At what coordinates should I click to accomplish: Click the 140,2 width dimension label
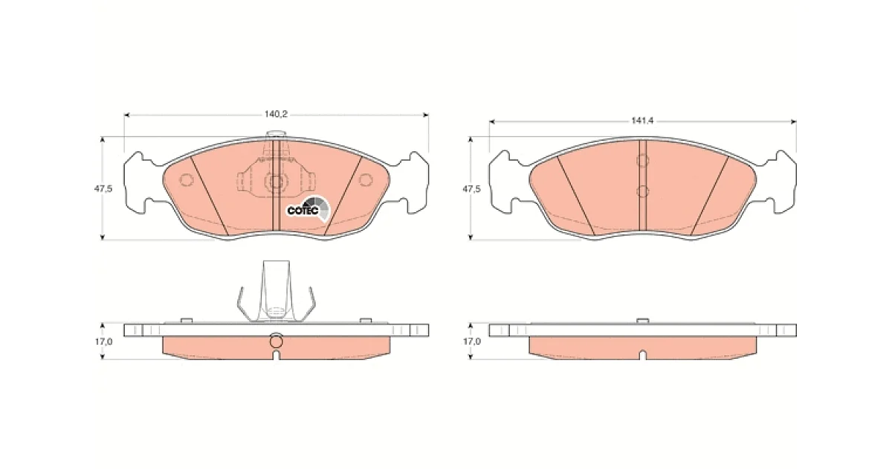pyautogui.click(x=276, y=115)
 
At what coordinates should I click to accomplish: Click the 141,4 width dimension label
pyautogui.click(x=642, y=121)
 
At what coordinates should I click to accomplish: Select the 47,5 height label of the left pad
pyautogui.click(x=103, y=188)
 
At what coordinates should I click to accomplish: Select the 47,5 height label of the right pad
pyautogui.click(x=471, y=188)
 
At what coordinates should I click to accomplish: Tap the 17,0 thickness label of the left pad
pyautogui.click(x=103, y=342)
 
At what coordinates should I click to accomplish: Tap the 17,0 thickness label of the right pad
pyautogui.click(x=472, y=342)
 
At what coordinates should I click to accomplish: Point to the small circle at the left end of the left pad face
pyautogui.click(x=187, y=180)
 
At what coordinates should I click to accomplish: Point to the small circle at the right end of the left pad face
pyautogui.click(x=366, y=180)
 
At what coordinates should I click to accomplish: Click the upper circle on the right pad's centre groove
pyautogui.click(x=643, y=161)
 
